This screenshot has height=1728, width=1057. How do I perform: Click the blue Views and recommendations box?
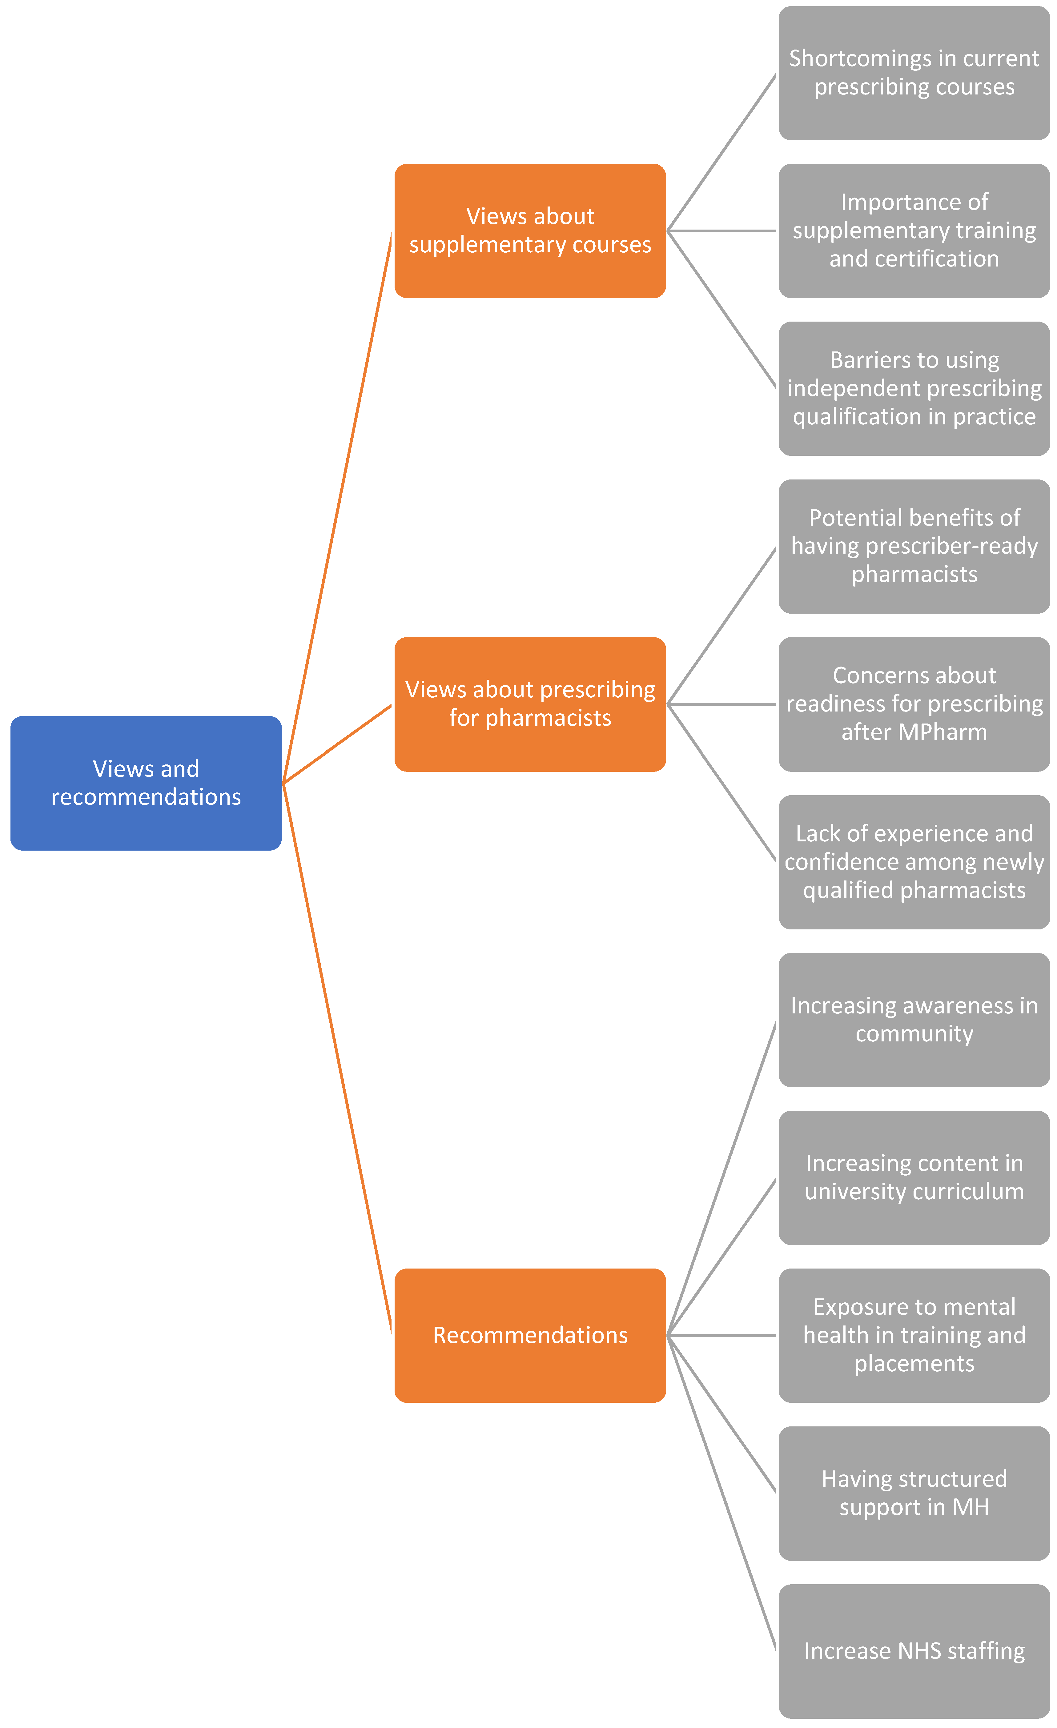click(x=146, y=783)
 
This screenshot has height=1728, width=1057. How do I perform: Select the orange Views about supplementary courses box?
click(x=529, y=231)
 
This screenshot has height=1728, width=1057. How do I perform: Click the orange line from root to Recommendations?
click(x=337, y=1059)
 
